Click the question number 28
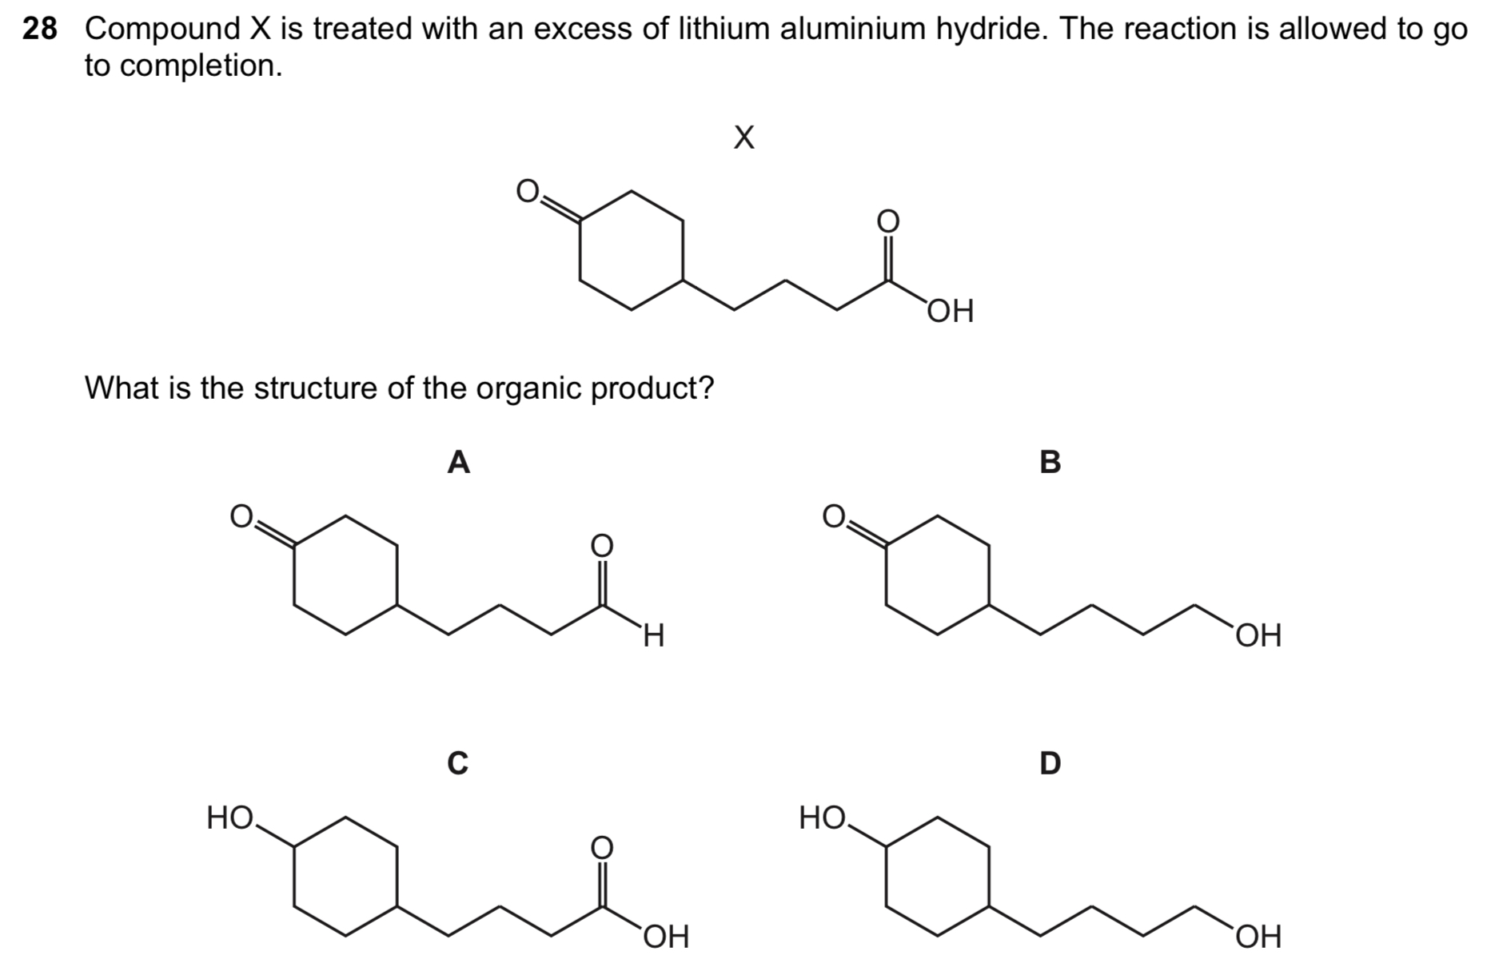point(40,30)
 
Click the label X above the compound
point(744,137)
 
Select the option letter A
point(458,462)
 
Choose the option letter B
point(1050,462)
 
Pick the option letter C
point(457,762)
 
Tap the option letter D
point(1050,762)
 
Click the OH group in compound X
point(951,312)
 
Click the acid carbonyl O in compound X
point(887,221)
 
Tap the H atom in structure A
point(654,636)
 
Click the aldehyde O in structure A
point(601,545)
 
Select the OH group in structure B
point(1258,636)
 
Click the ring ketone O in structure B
point(833,517)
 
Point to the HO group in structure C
point(229,818)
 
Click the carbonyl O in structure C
point(601,846)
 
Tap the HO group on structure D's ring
point(822,818)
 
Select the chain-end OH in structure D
point(1258,937)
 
